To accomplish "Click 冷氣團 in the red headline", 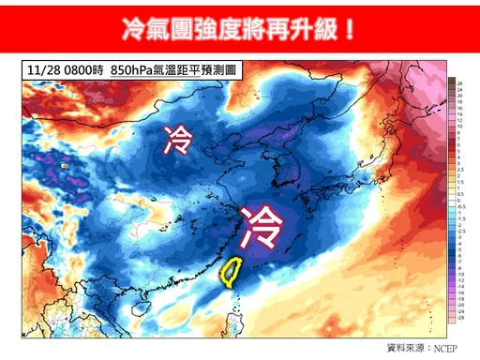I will click(159, 27).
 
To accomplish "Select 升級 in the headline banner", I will click(318, 27).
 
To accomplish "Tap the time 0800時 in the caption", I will click(82, 71).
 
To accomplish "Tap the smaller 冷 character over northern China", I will click(176, 141).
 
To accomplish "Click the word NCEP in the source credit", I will click(443, 348).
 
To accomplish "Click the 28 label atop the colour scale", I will click(461, 83).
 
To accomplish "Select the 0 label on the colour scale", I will click(461, 194).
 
